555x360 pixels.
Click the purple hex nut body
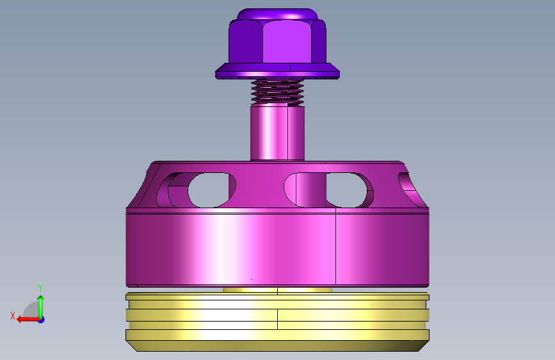coord(277,41)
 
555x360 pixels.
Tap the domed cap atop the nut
coord(277,14)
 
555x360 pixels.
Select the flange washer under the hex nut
coord(277,71)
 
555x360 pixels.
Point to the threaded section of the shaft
coord(277,92)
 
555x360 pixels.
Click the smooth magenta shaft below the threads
coord(277,133)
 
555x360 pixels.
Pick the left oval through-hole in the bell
coord(209,190)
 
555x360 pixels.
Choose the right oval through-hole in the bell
coord(346,190)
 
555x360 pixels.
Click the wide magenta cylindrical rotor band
coord(277,248)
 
